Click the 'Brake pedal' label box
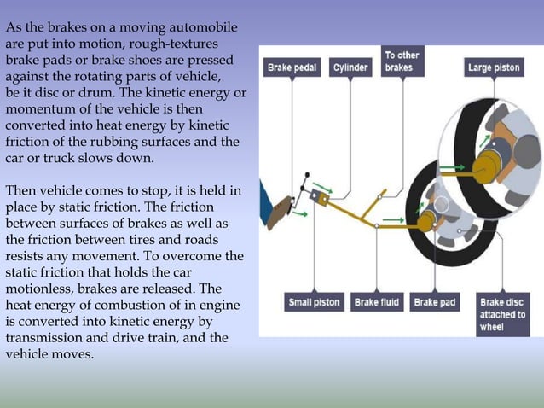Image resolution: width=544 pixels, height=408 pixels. pyautogui.click(x=292, y=67)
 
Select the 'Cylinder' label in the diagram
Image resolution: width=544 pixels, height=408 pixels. pyautogui.click(x=350, y=67)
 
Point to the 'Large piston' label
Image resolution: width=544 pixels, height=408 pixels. pyautogui.click(x=495, y=67)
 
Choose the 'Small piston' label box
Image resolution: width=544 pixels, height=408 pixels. pyautogui.click(x=313, y=302)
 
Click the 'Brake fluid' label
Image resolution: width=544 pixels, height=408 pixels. pyautogui.click(x=378, y=302)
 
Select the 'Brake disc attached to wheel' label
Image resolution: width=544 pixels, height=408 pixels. pyautogui.click(x=503, y=314)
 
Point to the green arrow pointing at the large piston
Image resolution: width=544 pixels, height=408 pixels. pyautogui.click(x=456, y=167)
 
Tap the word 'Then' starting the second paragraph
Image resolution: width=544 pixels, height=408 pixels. pyautogui.click(x=21, y=190)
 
